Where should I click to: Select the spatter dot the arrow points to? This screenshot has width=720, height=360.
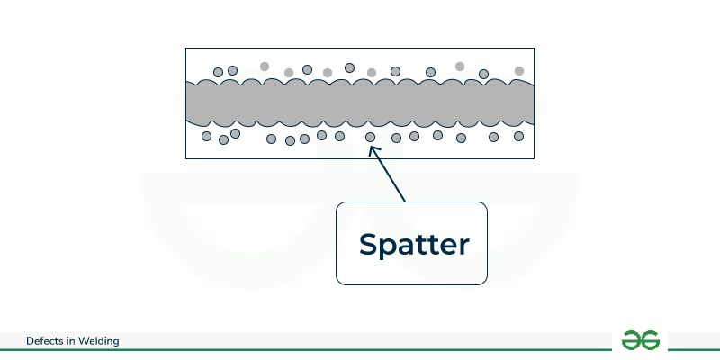[371, 138]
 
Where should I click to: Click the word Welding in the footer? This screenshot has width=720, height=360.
[98, 341]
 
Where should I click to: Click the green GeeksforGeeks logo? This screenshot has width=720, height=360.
[640, 340]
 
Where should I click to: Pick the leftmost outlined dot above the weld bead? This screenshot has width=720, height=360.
[218, 72]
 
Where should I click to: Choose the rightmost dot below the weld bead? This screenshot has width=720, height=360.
[518, 137]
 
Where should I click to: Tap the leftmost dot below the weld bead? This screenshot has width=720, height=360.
[206, 137]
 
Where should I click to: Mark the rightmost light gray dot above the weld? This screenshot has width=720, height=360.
[519, 70]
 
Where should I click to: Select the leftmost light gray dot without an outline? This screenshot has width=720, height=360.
[265, 66]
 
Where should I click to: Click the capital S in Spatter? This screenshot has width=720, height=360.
[369, 244]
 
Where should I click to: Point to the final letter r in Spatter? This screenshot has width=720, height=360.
[463, 246]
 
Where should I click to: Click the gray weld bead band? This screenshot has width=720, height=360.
[360, 103]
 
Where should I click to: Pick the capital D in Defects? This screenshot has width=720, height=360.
[31, 341]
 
